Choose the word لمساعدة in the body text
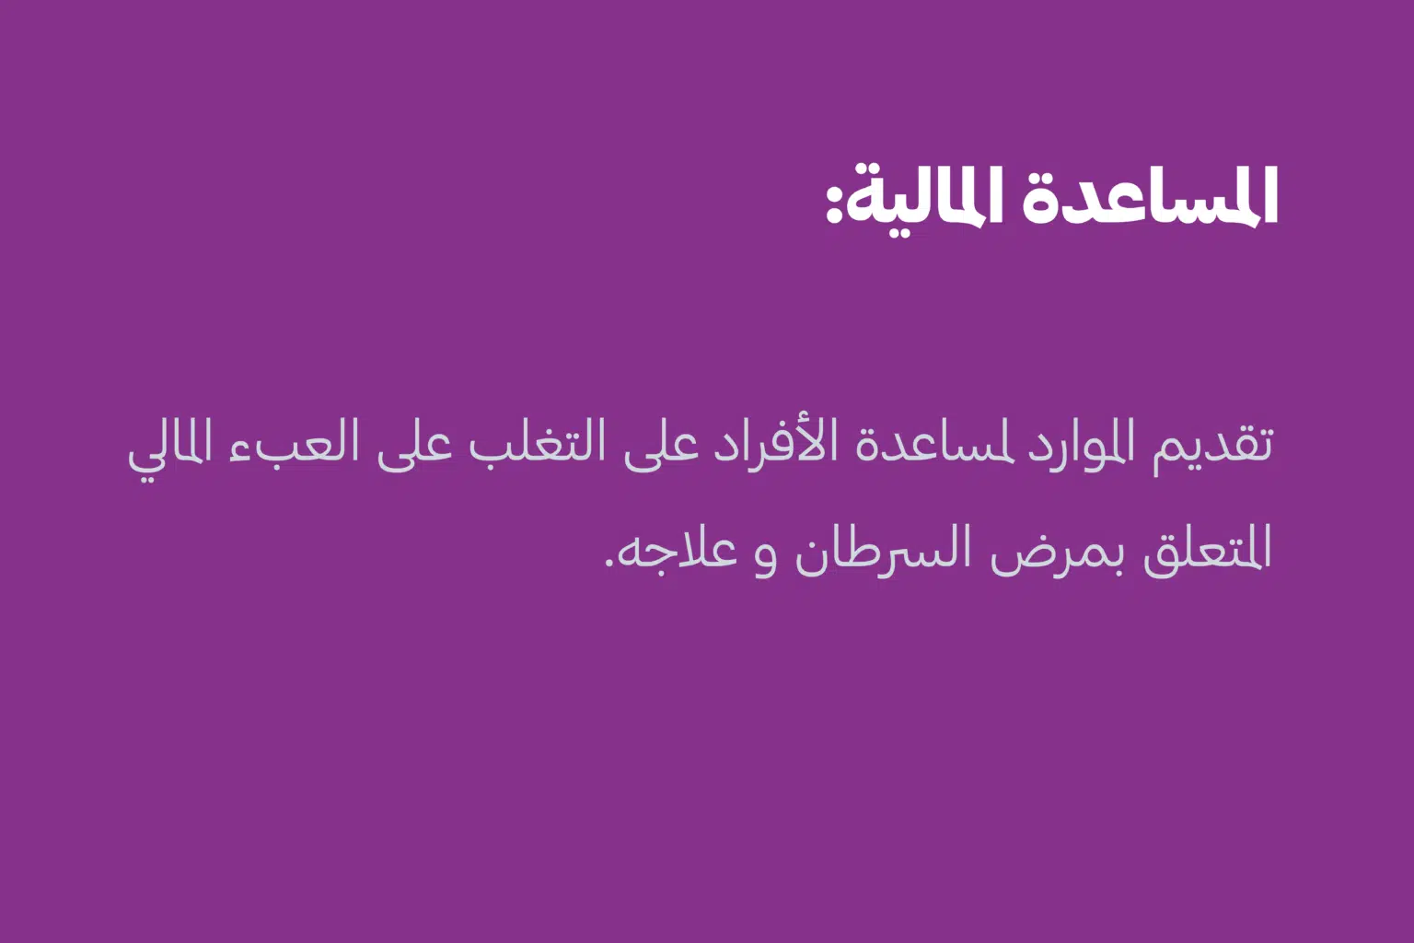coord(927,442)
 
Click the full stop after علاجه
coord(609,563)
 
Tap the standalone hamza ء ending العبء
coord(238,451)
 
